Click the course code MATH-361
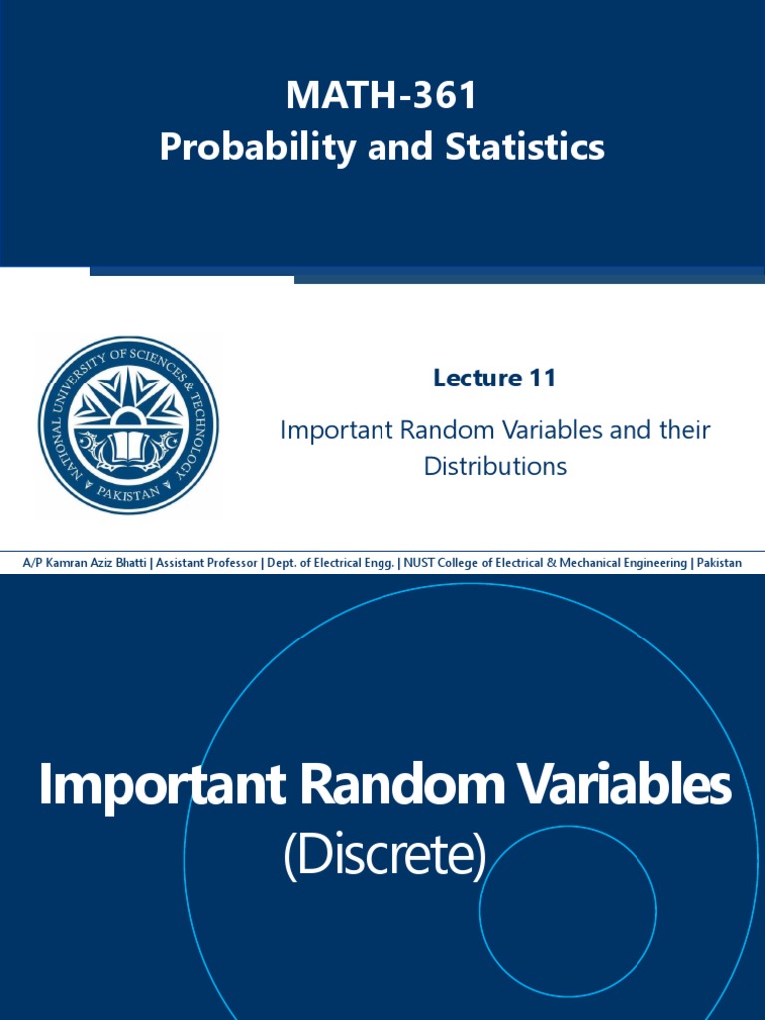click(382, 97)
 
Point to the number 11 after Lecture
click(543, 378)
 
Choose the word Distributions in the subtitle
click(495, 465)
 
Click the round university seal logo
click(128, 424)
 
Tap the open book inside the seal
click(128, 447)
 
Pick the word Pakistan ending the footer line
click(719, 563)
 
